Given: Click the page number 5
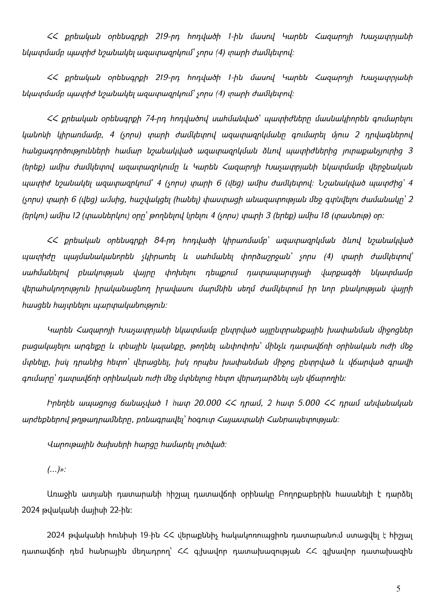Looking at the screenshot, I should [398, 589].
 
